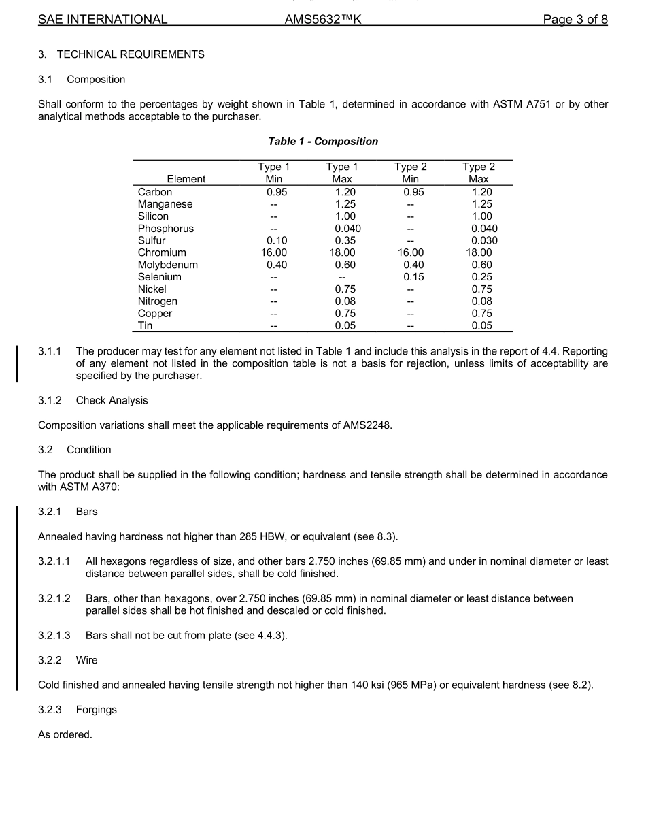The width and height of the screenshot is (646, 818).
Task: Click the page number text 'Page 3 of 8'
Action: (x=575, y=20)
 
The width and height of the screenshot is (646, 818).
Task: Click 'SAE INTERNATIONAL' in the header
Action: (x=103, y=20)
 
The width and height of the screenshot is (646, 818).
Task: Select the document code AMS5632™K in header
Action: (x=323, y=20)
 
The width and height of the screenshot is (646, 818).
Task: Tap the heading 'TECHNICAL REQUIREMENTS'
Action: (x=131, y=54)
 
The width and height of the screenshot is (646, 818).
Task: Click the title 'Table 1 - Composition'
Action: (x=323, y=142)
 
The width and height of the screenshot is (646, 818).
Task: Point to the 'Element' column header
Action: (x=186, y=179)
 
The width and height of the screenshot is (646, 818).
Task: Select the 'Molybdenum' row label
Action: (x=167, y=265)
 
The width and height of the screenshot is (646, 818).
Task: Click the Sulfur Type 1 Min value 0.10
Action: (x=277, y=240)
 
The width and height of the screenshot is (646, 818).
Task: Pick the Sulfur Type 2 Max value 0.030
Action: (x=484, y=240)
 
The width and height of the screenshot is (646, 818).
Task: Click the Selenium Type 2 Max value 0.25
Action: (x=481, y=277)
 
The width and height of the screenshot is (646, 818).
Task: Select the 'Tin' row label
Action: (x=146, y=325)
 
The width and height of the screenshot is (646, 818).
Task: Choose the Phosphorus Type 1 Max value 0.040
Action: (x=347, y=229)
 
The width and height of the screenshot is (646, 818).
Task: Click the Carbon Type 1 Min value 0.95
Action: (x=277, y=192)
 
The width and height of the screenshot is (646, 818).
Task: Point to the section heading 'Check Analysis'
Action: (x=112, y=400)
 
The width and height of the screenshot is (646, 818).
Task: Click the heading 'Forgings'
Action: (x=96, y=710)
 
